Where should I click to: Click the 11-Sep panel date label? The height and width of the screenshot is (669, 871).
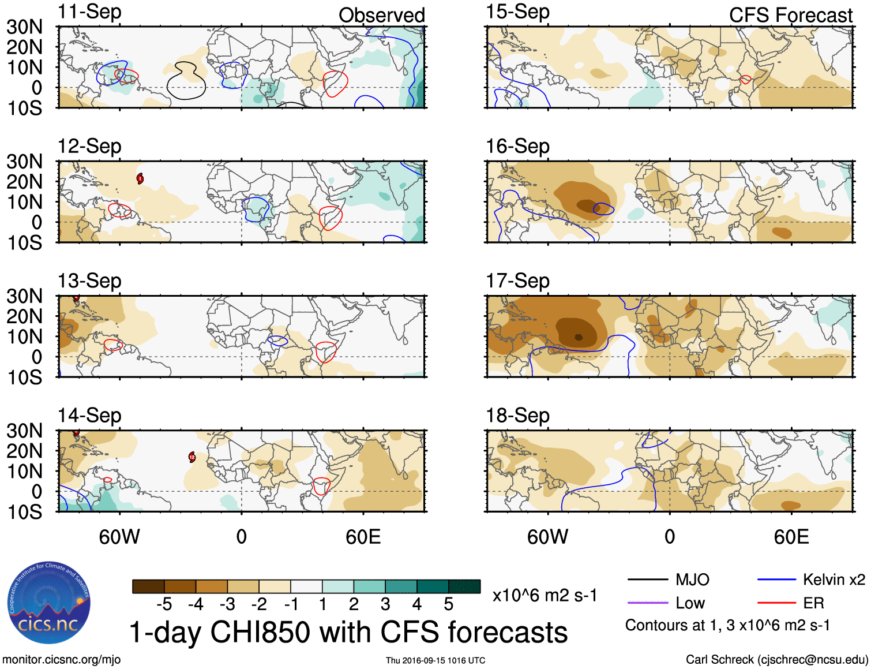(89, 12)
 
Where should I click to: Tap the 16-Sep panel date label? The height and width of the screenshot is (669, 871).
(517, 147)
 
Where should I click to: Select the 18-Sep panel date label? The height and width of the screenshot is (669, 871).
(517, 416)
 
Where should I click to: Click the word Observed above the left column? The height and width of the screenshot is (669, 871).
(381, 15)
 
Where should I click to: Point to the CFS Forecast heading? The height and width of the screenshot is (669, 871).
(790, 15)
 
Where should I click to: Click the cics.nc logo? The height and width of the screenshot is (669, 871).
(49, 603)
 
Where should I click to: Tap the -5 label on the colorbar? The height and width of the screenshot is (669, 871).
(164, 604)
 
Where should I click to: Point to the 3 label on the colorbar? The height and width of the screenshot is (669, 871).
(385, 604)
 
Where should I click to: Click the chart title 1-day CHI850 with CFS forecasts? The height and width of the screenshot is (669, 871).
(348, 632)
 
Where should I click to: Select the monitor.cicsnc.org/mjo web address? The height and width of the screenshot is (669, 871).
(62, 660)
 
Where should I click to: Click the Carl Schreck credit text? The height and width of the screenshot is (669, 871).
(776, 660)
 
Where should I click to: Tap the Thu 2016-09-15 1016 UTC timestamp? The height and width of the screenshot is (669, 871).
(435, 660)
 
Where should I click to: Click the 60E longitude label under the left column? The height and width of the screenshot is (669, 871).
(363, 537)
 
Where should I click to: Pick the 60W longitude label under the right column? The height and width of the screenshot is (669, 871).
(547, 537)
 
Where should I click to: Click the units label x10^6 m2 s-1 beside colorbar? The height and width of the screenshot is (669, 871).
(545, 595)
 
